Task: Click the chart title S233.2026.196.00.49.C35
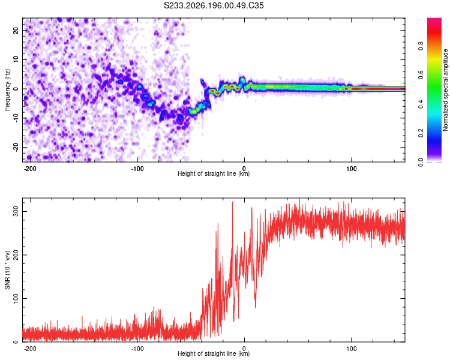pos(214,5)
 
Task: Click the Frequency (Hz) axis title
pos(7,90)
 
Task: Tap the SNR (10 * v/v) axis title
pos(7,270)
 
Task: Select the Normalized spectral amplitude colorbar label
pos(445,90)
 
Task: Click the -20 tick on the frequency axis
pos(16,148)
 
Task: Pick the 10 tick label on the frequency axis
pos(16,59)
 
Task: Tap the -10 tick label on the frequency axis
pos(16,118)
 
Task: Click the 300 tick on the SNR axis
pos(16,211)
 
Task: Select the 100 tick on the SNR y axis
pos(16,299)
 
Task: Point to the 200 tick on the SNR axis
pos(16,255)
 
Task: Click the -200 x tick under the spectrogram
pos(30,169)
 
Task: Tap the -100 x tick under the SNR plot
pos(137,349)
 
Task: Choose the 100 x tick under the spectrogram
pos(351,169)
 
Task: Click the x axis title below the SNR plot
pos(214,353)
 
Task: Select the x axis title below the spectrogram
pos(214,173)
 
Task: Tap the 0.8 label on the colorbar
pos(421,46)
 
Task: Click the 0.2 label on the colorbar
pos(421,133)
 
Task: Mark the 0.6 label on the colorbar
pos(421,75)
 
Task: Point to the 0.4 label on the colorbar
pos(421,104)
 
